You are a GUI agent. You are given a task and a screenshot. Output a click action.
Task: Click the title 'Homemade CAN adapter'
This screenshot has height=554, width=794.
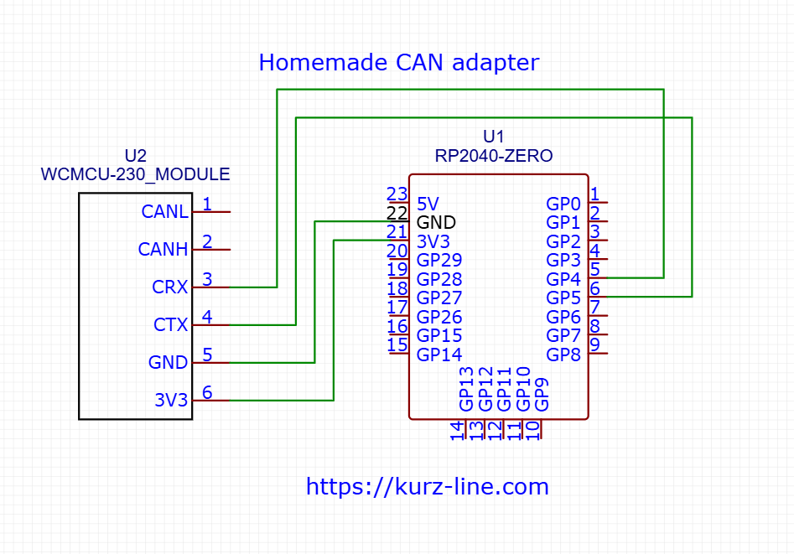(x=398, y=63)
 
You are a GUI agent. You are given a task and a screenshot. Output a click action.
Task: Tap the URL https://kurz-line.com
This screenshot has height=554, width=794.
(x=427, y=487)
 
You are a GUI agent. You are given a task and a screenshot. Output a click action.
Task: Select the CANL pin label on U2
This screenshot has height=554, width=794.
(x=164, y=212)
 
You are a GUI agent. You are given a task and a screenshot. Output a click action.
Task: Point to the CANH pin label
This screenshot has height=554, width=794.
(x=163, y=250)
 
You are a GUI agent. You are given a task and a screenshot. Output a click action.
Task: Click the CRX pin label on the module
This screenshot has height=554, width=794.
(x=170, y=287)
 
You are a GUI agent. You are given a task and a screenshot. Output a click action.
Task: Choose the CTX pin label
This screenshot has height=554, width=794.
(x=170, y=325)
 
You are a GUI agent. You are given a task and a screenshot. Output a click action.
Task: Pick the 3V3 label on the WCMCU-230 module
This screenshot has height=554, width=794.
(x=171, y=401)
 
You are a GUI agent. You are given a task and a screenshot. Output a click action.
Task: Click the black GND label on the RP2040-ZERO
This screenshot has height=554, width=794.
(x=436, y=222)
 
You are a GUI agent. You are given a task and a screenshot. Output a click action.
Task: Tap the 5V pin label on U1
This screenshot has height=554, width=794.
(x=428, y=204)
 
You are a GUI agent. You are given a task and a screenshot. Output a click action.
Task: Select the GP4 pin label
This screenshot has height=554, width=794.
(x=563, y=279)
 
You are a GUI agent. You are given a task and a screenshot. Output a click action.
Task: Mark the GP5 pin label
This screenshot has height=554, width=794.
(x=563, y=298)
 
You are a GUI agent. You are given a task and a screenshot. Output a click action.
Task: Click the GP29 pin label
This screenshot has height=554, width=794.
(x=439, y=260)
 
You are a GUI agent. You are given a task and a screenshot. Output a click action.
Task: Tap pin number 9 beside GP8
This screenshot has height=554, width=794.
(x=594, y=344)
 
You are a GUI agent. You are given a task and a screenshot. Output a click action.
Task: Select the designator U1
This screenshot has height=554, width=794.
(x=494, y=137)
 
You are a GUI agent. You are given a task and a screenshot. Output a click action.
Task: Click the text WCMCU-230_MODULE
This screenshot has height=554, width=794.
(x=135, y=174)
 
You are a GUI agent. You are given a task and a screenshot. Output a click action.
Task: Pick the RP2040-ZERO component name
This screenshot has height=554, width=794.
(x=494, y=156)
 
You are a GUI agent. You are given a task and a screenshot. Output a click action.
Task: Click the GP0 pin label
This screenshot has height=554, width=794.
(x=563, y=204)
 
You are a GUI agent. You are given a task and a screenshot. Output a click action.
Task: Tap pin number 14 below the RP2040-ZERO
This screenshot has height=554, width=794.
(x=457, y=431)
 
